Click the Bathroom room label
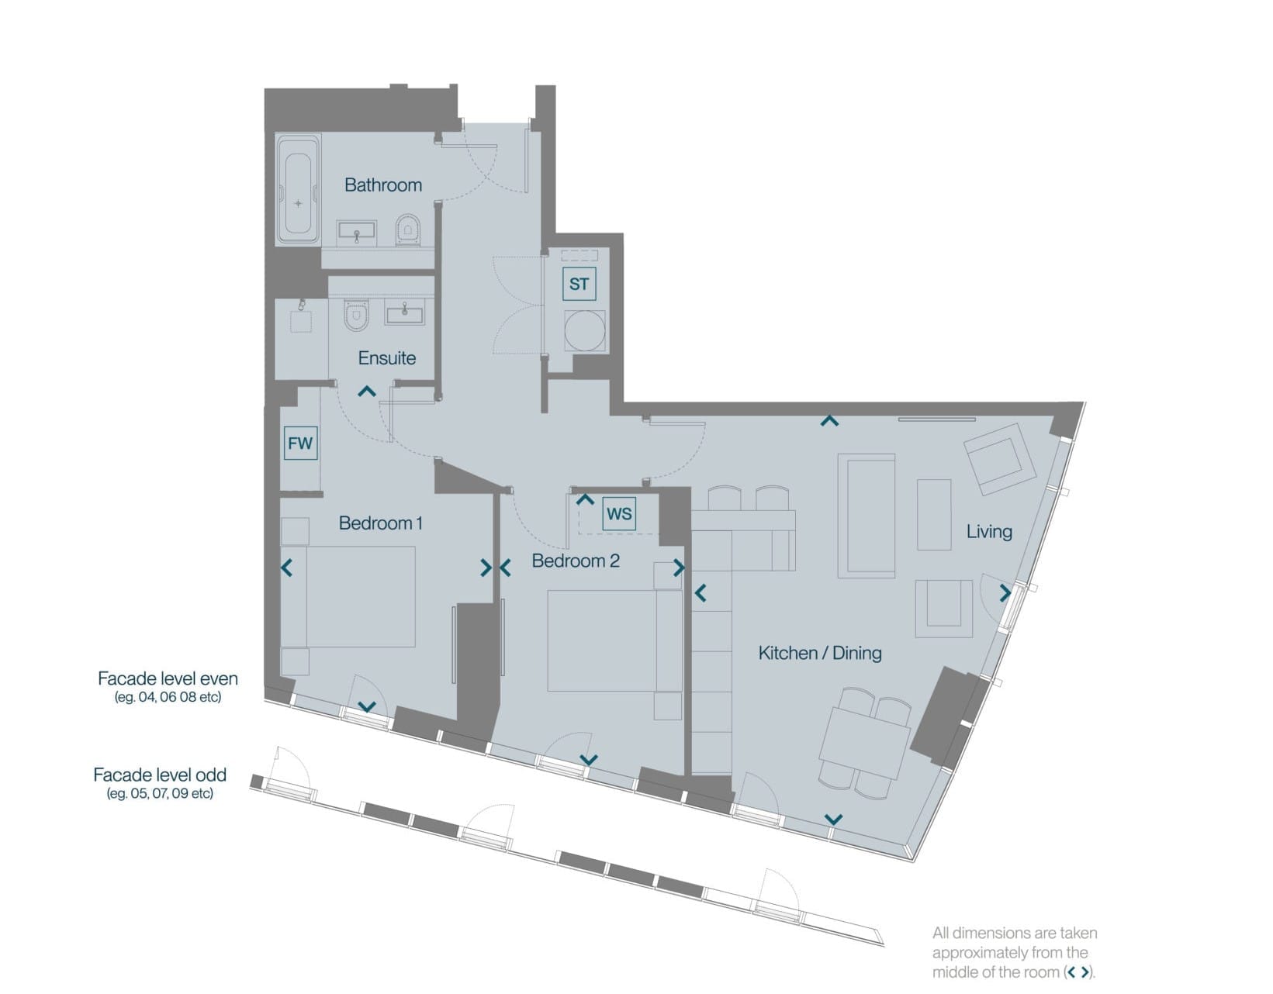point(383,185)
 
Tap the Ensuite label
point(386,357)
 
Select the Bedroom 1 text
point(380,523)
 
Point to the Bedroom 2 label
point(576,561)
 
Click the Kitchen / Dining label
point(819,653)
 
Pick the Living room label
point(989,532)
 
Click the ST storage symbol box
point(579,284)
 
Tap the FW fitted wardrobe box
point(300,444)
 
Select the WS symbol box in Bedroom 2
point(619,514)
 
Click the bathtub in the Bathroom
point(298,189)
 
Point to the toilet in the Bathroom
point(408,229)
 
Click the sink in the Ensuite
point(405,312)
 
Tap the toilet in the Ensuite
point(356,315)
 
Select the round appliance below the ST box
point(584,330)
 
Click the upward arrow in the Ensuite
point(367,391)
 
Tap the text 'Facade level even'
point(168,678)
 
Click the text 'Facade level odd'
point(160,775)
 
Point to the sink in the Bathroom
point(356,233)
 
